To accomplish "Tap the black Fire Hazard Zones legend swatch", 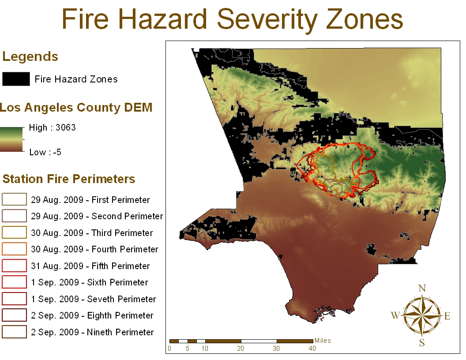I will (16, 79).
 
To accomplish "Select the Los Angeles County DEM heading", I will (76, 108).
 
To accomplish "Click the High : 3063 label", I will (52, 127).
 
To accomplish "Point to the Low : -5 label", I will (45, 152).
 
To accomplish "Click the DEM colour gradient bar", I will (11, 139).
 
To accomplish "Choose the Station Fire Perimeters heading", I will (69, 179).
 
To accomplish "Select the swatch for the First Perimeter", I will (14, 199).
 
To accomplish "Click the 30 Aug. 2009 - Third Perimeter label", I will (92, 233).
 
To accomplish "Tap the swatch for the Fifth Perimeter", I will (14, 266).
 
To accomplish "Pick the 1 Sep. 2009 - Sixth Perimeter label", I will (90, 282).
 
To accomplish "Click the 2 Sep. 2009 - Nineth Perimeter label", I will (92, 332).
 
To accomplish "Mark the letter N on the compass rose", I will (422, 289).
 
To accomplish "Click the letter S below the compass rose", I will (422, 343).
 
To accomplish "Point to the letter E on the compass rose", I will (447, 316).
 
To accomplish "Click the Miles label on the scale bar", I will (323, 341).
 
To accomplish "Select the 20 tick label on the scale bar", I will (241, 349).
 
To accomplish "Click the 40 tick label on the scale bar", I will (312, 349).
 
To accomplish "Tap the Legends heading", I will (30, 56).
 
